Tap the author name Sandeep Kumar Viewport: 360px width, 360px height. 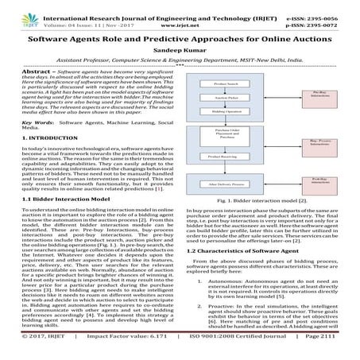[180, 47]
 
